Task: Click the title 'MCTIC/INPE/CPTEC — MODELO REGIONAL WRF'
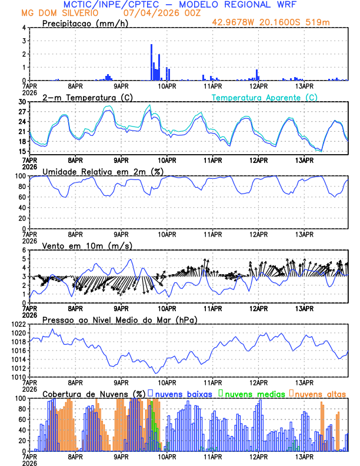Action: (179, 5)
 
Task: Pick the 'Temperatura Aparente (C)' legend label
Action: (265, 97)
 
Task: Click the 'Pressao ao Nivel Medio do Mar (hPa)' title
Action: (119, 319)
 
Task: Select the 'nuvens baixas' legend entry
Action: (182, 394)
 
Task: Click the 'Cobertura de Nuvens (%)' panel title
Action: (94, 394)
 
